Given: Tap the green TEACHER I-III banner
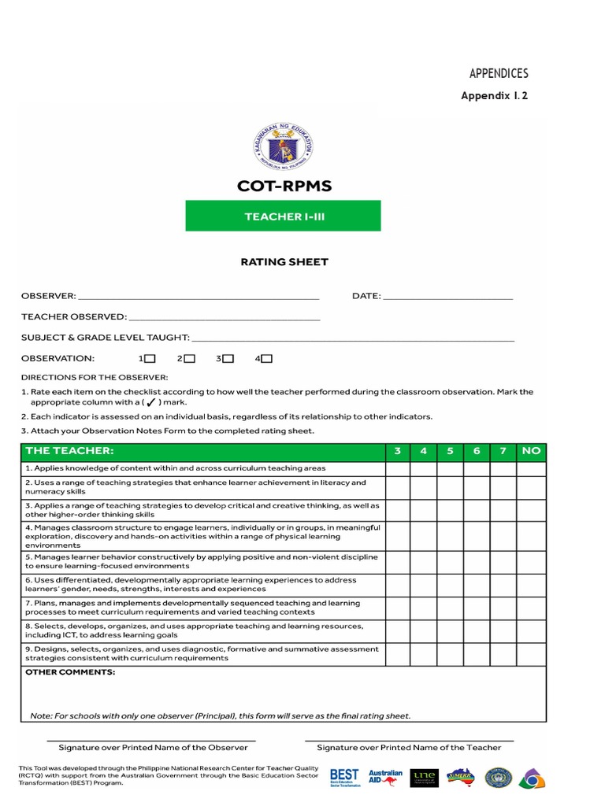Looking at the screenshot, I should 283,216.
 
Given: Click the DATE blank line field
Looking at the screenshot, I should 447,297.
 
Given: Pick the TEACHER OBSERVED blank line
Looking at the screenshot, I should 225,317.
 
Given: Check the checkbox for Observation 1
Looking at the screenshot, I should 150,359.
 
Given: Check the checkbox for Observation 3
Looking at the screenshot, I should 228,359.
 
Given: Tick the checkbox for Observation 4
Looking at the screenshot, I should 266,359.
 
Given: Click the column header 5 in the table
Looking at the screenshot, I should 450,451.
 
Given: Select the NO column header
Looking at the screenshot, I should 531,451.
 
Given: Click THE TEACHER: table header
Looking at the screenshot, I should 69,451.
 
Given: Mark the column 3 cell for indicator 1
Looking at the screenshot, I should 397,468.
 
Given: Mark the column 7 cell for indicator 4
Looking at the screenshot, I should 503,535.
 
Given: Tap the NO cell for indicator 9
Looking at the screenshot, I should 531,653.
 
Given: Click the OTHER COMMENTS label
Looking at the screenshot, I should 70,673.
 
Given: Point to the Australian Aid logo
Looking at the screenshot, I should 385,778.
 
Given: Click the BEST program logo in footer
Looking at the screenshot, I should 344,778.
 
